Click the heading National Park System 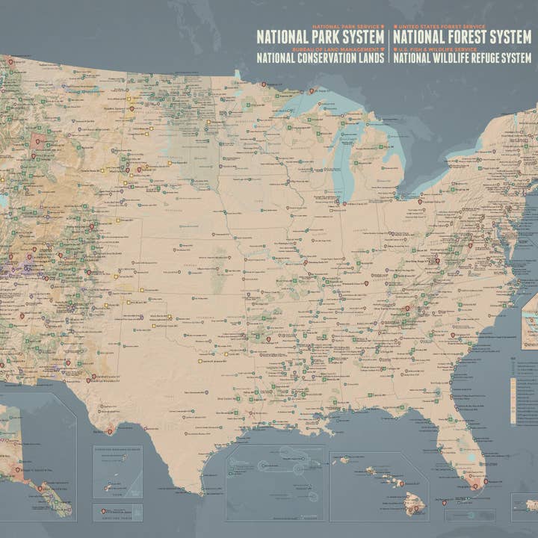321,37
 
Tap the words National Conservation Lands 321,57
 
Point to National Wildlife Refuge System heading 463,57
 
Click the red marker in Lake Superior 312,91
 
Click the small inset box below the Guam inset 117,513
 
